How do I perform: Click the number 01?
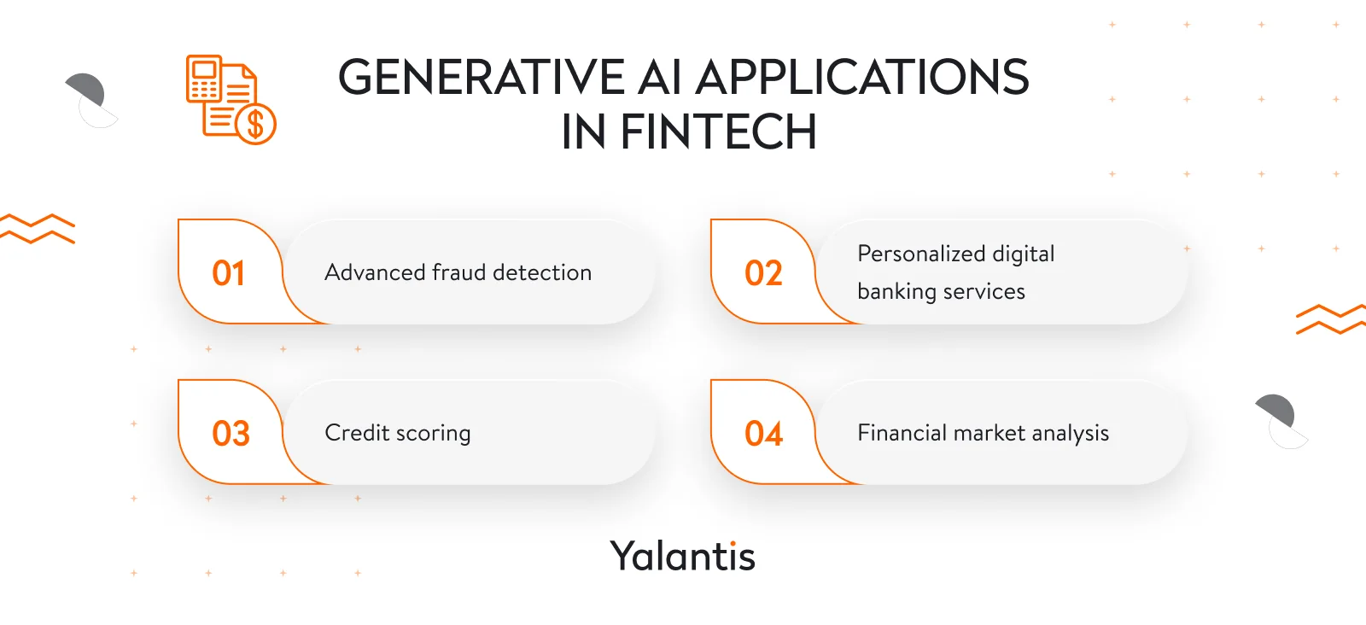228,273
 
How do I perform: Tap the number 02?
762,273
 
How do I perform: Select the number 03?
231,434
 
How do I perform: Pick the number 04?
763,434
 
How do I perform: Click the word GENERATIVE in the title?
481,78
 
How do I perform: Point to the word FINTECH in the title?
718,132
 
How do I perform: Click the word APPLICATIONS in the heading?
862,78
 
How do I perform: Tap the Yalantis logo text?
682,557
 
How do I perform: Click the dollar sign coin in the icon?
255,124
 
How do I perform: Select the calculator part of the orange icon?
204,79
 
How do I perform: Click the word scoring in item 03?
433,434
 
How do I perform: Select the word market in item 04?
989,433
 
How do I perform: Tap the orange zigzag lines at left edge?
38,229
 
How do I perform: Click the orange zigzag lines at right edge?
1329,319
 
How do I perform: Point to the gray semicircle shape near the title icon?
85,90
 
